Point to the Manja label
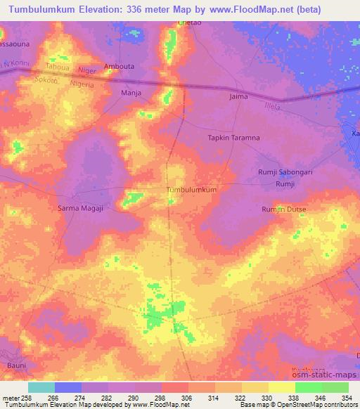(131, 92)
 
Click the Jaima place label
(239, 96)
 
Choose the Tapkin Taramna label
(233, 138)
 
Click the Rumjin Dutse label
(284, 209)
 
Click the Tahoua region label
(58, 67)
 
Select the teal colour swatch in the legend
(41, 387)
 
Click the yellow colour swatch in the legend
(281, 387)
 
